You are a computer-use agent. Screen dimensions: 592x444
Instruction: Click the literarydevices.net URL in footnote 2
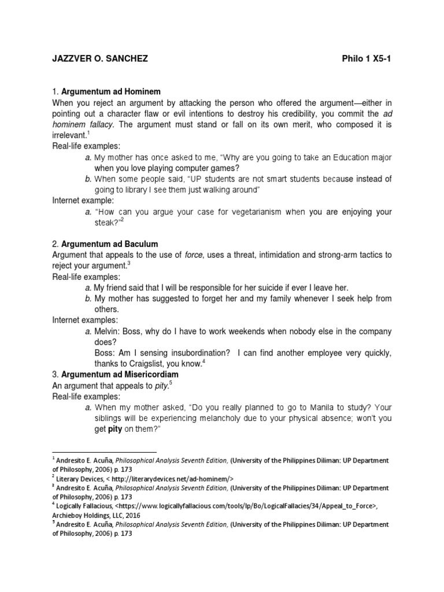(x=166, y=478)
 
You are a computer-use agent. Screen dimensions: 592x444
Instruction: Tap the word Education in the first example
(x=345, y=157)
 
